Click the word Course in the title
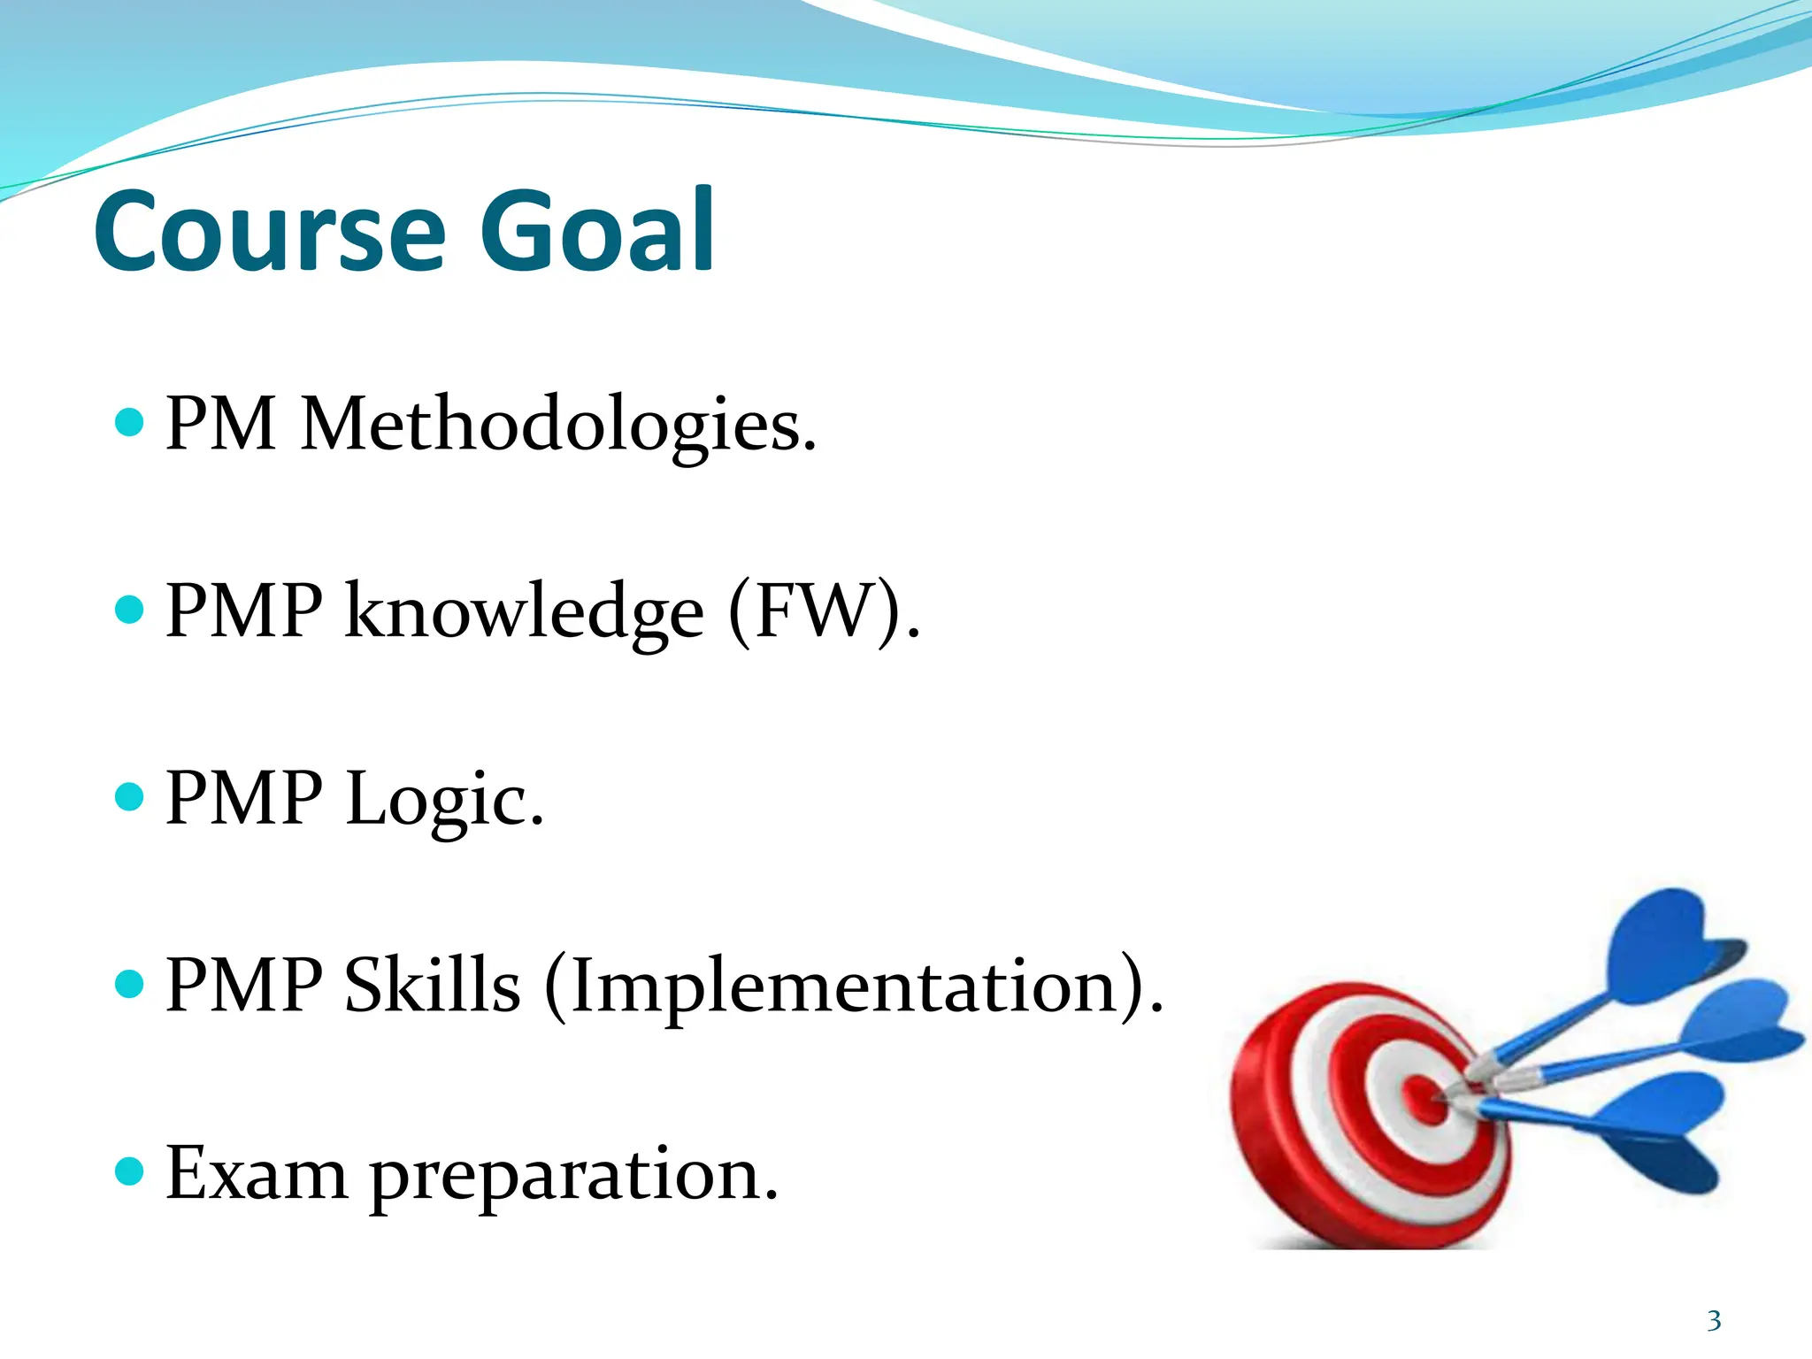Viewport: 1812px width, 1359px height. [269, 232]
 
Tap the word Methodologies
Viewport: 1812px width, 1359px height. [557, 425]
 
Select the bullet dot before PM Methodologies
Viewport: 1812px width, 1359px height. [130, 422]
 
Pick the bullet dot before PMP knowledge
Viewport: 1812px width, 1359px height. [130, 609]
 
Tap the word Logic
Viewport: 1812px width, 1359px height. [444, 799]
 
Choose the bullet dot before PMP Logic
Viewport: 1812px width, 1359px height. [130, 796]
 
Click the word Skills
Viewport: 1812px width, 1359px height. [432, 986]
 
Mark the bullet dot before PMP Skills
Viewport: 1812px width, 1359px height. [130, 983]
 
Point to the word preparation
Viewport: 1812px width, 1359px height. [573, 1177]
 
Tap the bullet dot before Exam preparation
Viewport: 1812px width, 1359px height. [130, 1171]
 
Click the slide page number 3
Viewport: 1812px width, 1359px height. [1714, 1321]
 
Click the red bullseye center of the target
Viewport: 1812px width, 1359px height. [1423, 1097]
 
